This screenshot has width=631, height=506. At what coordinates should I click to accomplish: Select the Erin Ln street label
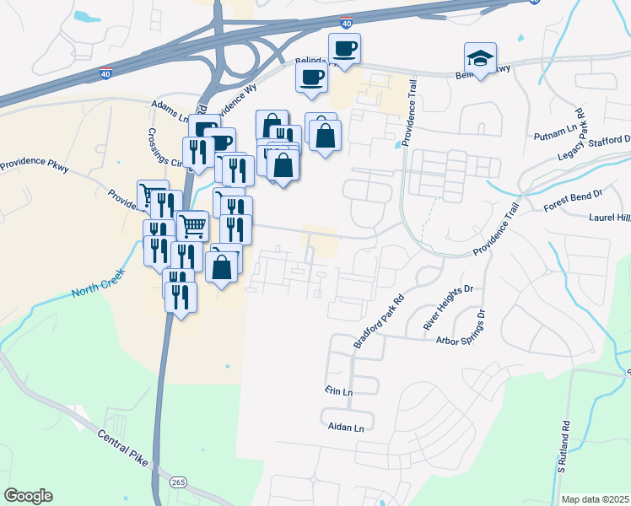click(338, 392)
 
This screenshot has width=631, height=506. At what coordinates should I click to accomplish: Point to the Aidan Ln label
click(350, 428)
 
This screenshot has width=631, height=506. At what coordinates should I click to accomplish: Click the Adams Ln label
click(172, 107)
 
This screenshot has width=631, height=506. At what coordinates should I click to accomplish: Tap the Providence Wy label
click(233, 103)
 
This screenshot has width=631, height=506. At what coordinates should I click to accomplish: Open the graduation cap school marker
click(480, 60)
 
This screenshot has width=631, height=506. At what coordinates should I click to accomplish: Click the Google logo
click(28, 496)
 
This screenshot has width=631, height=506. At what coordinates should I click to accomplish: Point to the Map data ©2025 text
click(594, 499)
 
